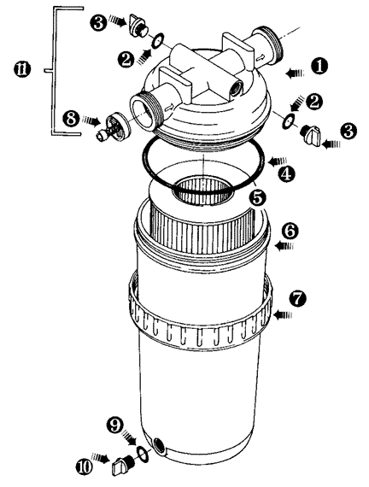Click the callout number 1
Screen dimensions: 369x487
tap(320, 66)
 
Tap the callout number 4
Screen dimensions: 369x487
tap(286, 174)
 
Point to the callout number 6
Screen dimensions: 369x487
tap(290, 231)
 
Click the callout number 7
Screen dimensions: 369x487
tap(297, 298)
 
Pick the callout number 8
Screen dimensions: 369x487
tap(71, 119)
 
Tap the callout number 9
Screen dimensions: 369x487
tap(115, 425)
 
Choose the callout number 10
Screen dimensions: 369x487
tap(85, 466)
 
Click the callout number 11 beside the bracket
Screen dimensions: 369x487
tap(22, 69)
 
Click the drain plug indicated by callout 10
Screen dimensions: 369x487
tap(122, 465)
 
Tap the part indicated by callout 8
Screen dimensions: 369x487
tap(113, 127)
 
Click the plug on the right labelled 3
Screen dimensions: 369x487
tap(311, 135)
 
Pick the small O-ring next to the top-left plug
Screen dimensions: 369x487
tap(158, 40)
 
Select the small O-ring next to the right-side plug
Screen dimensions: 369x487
tap(288, 120)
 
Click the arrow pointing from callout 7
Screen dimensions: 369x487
tap(283, 315)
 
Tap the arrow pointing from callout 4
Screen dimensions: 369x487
tap(278, 161)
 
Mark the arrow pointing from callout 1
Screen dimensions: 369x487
tap(295, 73)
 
